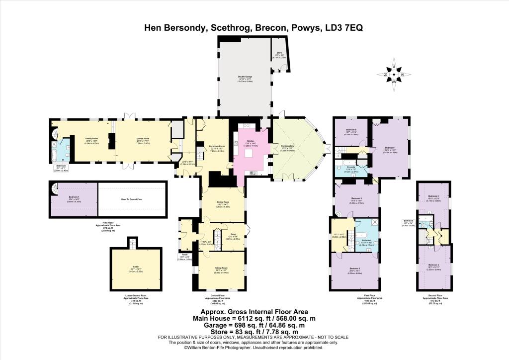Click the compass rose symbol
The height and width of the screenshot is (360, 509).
coord(394,75)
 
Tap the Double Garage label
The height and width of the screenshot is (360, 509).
coord(242,78)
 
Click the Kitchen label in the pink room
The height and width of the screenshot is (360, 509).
coord(250,141)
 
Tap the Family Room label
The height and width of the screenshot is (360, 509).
coord(92,139)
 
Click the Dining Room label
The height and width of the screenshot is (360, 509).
coord(222,201)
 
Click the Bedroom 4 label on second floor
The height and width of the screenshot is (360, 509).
coord(433,265)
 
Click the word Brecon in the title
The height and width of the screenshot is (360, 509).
coord(271,28)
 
